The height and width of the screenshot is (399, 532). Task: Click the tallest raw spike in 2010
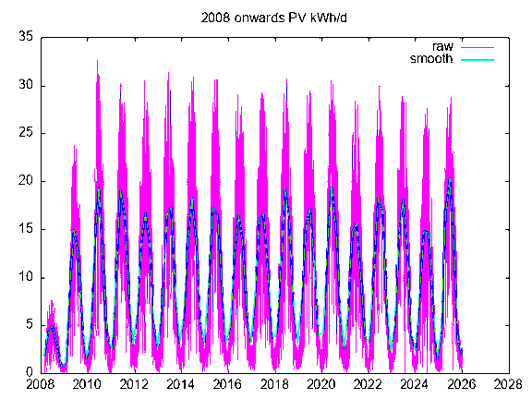pos(98,63)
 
